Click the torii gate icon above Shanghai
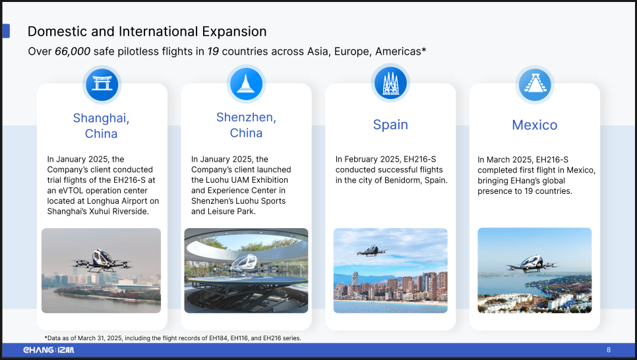pyautogui.click(x=102, y=84)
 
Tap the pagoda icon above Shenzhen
pyautogui.click(x=246, y=84)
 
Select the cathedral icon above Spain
pyautogui.click(x=390, y=83)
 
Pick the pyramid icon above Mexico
pyautogui.click(x=535, y=84)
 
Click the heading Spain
pyautogui.click(x=390, y=125)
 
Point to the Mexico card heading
pyautogui.click(x=535, y=125)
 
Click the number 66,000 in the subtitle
pyautogui.click(x=73, y=51)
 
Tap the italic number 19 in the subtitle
pyautogui.click(x=213, y=51)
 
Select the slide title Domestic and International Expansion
pyautogui.click(x=147, y=31)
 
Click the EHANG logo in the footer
pyautogui.click(x=49, y=350)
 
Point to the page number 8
pyautogui.click(x=609, y=350)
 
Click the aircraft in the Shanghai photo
pyautogui.click(x=101, y=260)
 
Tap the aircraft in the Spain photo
pyautogui.click(x=371, y=251)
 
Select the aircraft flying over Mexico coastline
pyautogui.click(x=532, y=263)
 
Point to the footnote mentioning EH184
pyautogui.click(x=173, y=338)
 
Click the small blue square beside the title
pyautogui.click(x=6, y=31)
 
